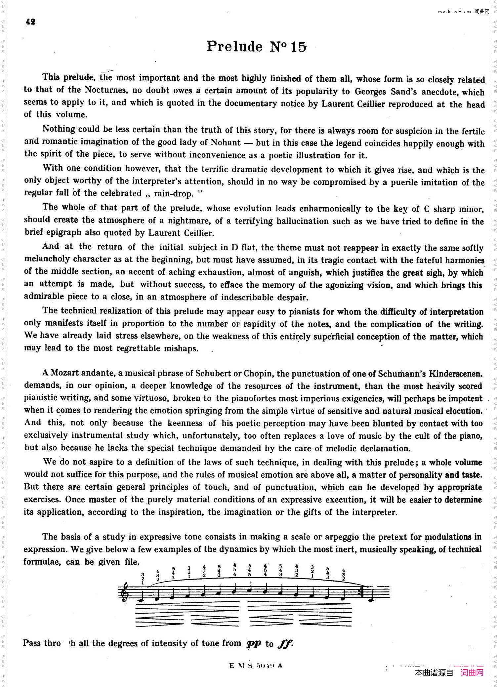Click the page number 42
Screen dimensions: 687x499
tap(30, 22)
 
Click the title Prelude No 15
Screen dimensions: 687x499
tap(257, 47)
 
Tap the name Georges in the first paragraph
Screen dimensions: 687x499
tap(370, 92)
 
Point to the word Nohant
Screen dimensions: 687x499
tap(226, 142)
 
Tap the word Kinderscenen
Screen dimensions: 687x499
tap(455, 374)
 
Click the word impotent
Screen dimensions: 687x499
tap(467, 398)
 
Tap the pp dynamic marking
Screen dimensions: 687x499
tap(254, 643)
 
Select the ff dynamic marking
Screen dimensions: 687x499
tap(285, 643)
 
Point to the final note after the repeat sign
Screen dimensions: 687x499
tap(371, 599)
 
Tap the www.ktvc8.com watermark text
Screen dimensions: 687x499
tap(454, 12)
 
